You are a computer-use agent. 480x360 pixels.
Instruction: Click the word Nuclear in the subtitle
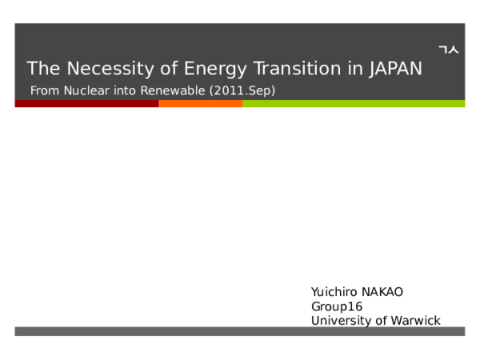click(x=86, y=90)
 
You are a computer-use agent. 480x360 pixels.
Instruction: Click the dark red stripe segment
click(x=86, y=104)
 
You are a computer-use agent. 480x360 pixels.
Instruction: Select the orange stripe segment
click(x=200, y=104)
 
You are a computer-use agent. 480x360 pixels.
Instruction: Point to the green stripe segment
click(x=353, y=104)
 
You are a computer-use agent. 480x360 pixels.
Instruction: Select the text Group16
click(x=337, y=306)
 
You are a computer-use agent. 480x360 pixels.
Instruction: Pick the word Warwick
click(x=415, y=321)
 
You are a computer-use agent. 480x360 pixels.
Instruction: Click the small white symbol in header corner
click(x=449, y=50)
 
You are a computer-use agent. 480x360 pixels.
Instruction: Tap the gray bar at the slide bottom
click(x=239, y=331)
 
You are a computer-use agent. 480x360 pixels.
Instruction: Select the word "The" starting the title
click(x=40, y=69)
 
